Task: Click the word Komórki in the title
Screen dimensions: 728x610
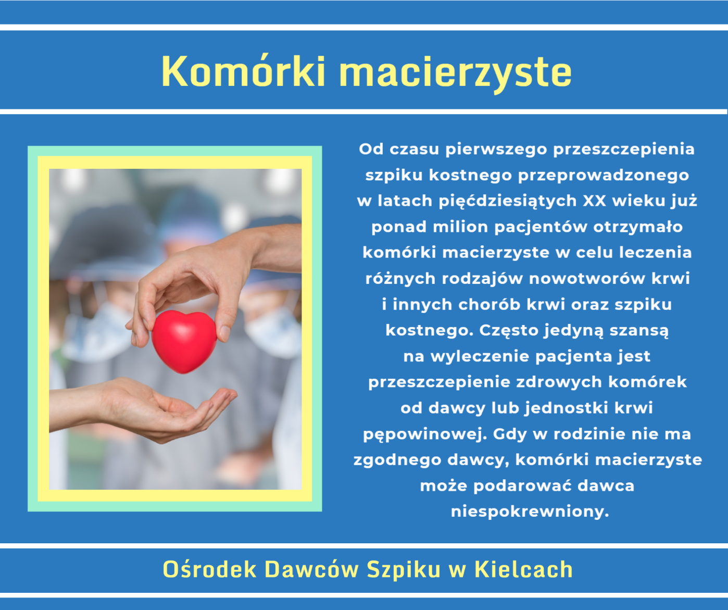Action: pyautogui.click(x=243, y=71)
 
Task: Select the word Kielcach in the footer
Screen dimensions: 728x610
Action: pyautogui.click(x=524, y=569)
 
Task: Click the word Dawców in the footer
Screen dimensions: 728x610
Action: pyautogui.click(x=312, y=569)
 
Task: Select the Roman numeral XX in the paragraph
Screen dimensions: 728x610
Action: pyautogui.click(x=595, y=201)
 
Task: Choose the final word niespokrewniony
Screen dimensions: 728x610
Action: pyautogui.click(x=530, y=512)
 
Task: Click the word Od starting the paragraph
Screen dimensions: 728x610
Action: pyautogui.click(x=371, y=150)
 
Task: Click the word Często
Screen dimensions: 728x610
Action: pyautogui.click(x=509, y=331)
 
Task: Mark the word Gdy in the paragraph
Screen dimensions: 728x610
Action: pyautogui.click(x=509, y=434)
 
